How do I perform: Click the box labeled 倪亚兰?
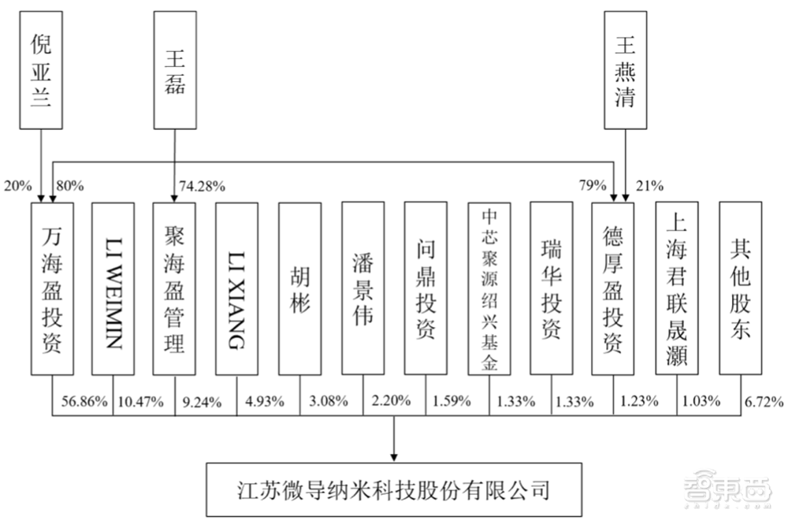click(x=41, y=70)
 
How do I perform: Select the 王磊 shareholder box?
click(x=175, y=70)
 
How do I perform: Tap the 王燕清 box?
click(x=625, y=70)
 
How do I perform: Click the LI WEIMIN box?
click(x=113, y=289)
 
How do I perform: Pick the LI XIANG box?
click(x=236, y=289)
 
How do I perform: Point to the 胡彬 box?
click(x=300, y=289)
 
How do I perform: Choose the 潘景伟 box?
click(x=362, y=288)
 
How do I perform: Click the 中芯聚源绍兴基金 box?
click(x=489, y=289)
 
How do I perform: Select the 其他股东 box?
click(x=741, y=288)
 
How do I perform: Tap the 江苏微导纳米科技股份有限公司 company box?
click(x=394, y=490)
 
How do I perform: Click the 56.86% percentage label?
click(x=84, y=401)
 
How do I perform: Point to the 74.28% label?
click(x=202, y=187)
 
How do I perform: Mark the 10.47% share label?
click(x=141, y=402)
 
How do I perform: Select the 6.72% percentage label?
click(x=764, y=401)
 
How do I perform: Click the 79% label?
click(x=593, y=185)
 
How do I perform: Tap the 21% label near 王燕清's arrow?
click(x=649, y=186)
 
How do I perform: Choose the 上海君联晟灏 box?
click(x=677, y=288)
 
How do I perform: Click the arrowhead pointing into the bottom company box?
click(x=394, y=458)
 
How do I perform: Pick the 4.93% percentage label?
click(x=265, y=401)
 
